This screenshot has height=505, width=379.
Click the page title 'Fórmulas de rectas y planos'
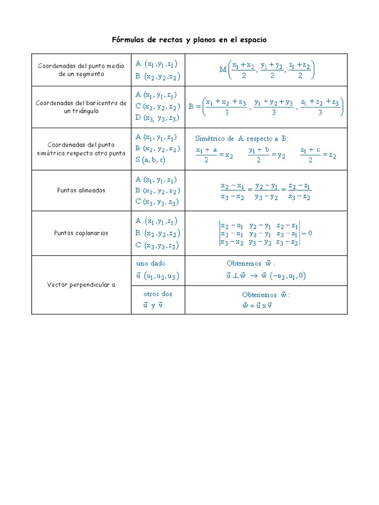[189, 39]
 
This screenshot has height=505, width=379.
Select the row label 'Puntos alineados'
[81, 190]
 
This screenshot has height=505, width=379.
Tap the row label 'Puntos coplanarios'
[81, 233]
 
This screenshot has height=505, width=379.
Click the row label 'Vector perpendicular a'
[81, 285]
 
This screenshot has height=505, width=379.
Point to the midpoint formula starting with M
[267, 70]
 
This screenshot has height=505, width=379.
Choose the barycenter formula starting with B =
[266, 107]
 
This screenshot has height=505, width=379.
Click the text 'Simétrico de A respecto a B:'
[242, 139]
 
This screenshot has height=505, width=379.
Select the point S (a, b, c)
[151, 160]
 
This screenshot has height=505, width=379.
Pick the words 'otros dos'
[157, 293]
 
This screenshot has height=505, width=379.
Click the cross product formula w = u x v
[257, 305]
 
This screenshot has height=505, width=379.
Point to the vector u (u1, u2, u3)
[157, 276]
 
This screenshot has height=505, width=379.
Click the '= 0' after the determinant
[307, 233]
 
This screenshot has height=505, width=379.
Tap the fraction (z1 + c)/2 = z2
[318, 155]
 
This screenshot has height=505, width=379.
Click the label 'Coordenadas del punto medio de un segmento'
[81, 70]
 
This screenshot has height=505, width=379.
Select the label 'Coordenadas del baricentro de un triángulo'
[81, 107]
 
